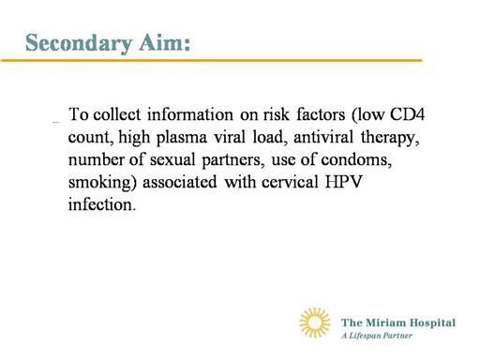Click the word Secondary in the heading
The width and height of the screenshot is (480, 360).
[x=79, y=43]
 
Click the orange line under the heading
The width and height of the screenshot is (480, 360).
[x=212, y=60]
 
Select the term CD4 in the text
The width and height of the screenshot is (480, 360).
[x=407, y=114]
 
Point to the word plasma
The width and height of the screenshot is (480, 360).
[x=182, y=138]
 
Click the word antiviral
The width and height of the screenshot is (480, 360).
[x=323, y=137]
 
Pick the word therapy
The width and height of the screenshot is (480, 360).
[x=390, y=138]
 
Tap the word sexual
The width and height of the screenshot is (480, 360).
[x=172, y=159]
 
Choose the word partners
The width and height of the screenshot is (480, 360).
[x=231, y=160]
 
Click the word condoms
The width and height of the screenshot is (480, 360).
[x=356, y=159]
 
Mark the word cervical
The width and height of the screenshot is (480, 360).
[x=290, y=182]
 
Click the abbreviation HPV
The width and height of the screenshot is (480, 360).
[x=343, y=182]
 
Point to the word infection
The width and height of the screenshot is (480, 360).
[x=102, y=204]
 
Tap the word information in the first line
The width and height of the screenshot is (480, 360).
[x=190, y=114]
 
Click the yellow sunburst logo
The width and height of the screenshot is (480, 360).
[x=315, y=322]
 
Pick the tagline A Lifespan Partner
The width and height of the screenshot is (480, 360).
[x=377, y=336]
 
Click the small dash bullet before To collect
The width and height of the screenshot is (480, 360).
[x=56, y=122]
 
